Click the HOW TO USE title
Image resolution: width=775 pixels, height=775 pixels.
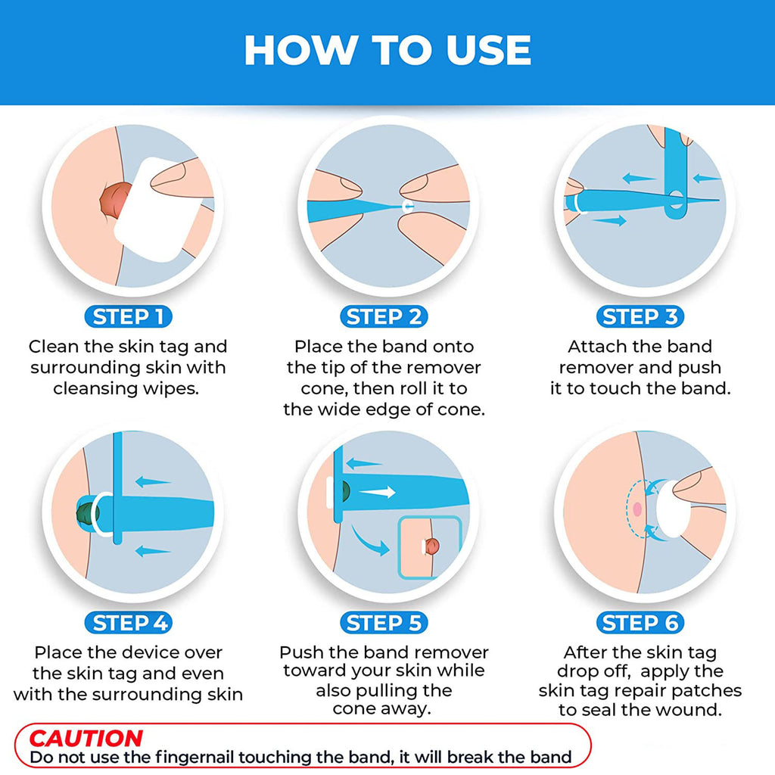(387, 50)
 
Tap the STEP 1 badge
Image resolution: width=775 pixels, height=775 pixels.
(128, 316)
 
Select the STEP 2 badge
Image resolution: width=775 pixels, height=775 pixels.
(384, 316)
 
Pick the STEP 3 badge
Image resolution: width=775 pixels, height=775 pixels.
(640, 316)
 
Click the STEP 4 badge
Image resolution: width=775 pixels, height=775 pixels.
(128, 622)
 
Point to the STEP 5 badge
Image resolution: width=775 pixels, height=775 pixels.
(384, 622)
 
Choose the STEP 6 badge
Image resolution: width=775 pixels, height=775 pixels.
(640, 622)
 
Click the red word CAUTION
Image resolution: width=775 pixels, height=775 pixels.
(86, 739)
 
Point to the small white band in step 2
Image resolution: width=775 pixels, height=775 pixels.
(408, 207)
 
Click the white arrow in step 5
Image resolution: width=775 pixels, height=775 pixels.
(377, 492)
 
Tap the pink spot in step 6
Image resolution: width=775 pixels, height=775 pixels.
(637, 509)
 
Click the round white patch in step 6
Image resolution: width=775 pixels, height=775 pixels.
(673, 509)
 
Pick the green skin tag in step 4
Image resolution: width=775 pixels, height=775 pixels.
(88, 514)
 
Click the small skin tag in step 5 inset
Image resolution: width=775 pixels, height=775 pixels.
(431, 546)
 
